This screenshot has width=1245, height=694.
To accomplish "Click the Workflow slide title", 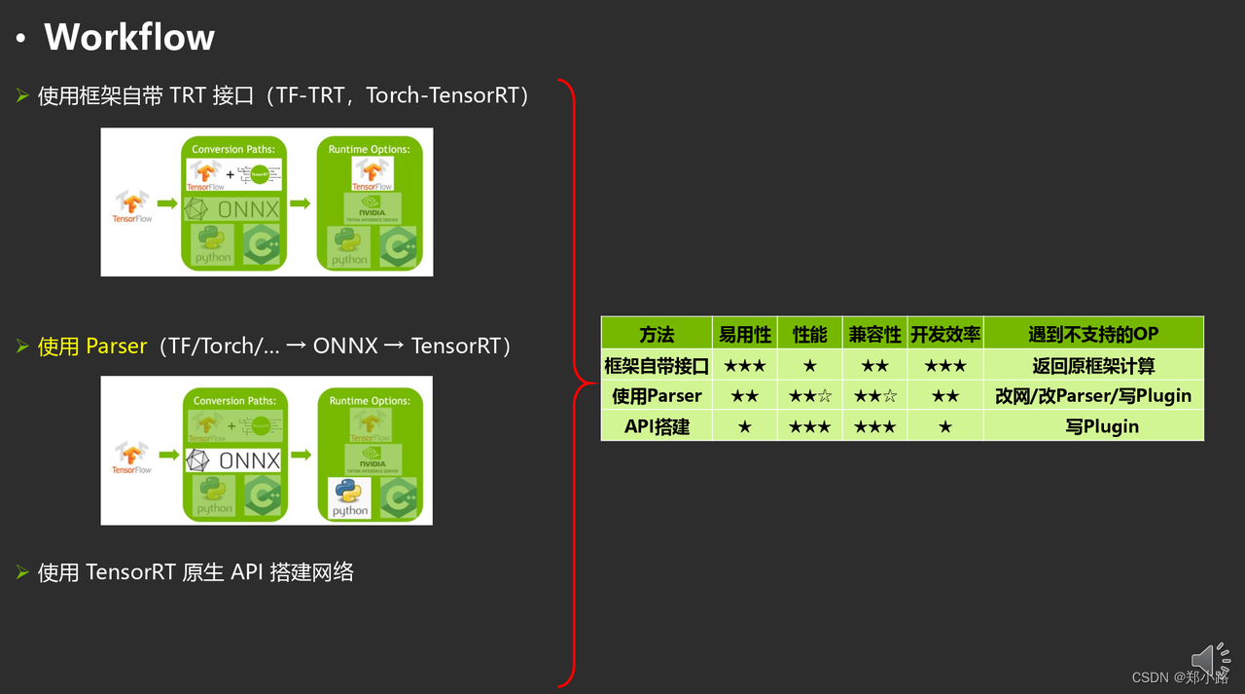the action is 128,37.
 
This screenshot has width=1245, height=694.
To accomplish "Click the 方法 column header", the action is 657,334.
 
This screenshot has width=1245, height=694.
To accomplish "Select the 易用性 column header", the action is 744,334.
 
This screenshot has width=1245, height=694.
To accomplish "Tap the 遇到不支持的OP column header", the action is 1093,334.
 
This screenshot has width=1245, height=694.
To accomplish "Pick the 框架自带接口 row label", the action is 657,366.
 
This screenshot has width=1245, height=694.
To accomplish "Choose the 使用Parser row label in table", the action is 657,396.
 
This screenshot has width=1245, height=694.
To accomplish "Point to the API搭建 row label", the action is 657,426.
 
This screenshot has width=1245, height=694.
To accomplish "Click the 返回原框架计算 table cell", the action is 1093,366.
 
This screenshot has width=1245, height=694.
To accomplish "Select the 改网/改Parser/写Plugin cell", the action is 1093,396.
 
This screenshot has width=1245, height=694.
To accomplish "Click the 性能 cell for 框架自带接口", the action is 809,366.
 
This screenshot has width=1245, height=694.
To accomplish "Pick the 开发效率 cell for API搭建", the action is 944,426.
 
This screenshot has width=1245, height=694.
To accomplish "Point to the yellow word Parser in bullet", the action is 116,346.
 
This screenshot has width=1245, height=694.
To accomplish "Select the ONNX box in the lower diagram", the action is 233,459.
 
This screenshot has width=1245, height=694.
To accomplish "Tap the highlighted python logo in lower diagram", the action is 349,497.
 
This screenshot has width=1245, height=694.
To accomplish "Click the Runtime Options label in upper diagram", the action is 369,149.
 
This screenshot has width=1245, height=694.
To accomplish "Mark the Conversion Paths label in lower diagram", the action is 234,400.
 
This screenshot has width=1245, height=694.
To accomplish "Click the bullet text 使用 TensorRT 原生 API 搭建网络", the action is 196,572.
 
